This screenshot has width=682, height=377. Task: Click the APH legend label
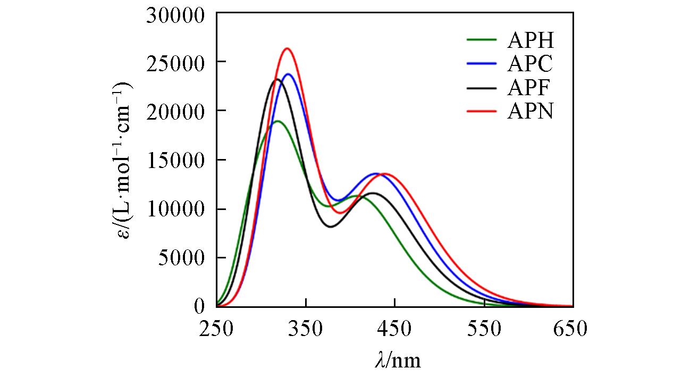pyautogui.click(x=530, y=40)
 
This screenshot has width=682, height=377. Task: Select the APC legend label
pyautogui.click(x=530, y=64)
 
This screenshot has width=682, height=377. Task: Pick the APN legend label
pyautogui.click(x=530, y=112)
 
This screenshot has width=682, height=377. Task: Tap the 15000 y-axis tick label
pyautogui.click(x=175, y=161)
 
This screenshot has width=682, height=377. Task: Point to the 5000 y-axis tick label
pyautogui.click(x=181, y=258)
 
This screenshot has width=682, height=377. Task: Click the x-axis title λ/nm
pyautogui.click(x=397, y=360)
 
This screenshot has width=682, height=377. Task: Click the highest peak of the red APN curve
pyautogui.click(x=287, y=48)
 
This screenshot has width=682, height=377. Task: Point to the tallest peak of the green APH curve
pyautogui.click(x=277, y=121)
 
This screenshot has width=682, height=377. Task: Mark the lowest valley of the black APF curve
pyautogui.click(x=331, y=227)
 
